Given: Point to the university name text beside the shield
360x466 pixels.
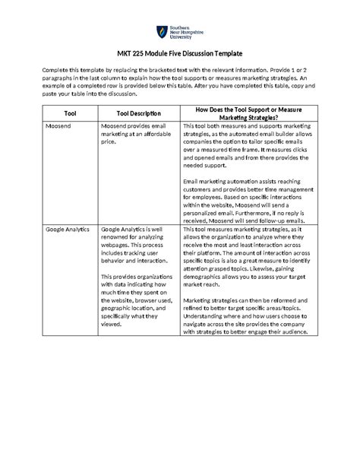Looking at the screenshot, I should click(184, 33).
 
